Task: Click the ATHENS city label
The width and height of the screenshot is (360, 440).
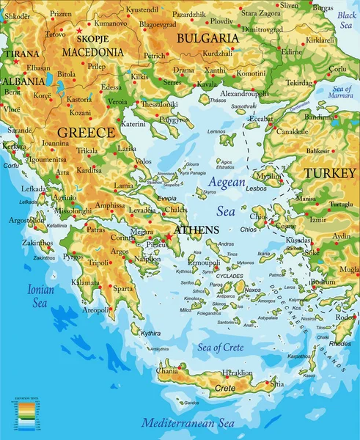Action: click(196, 230)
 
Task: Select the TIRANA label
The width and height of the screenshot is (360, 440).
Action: click(22, 54)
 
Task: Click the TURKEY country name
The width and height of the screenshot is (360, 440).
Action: click(329, 173)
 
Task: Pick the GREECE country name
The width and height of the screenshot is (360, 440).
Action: click(86, 133)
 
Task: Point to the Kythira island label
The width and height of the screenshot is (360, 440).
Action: click(150, 332)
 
